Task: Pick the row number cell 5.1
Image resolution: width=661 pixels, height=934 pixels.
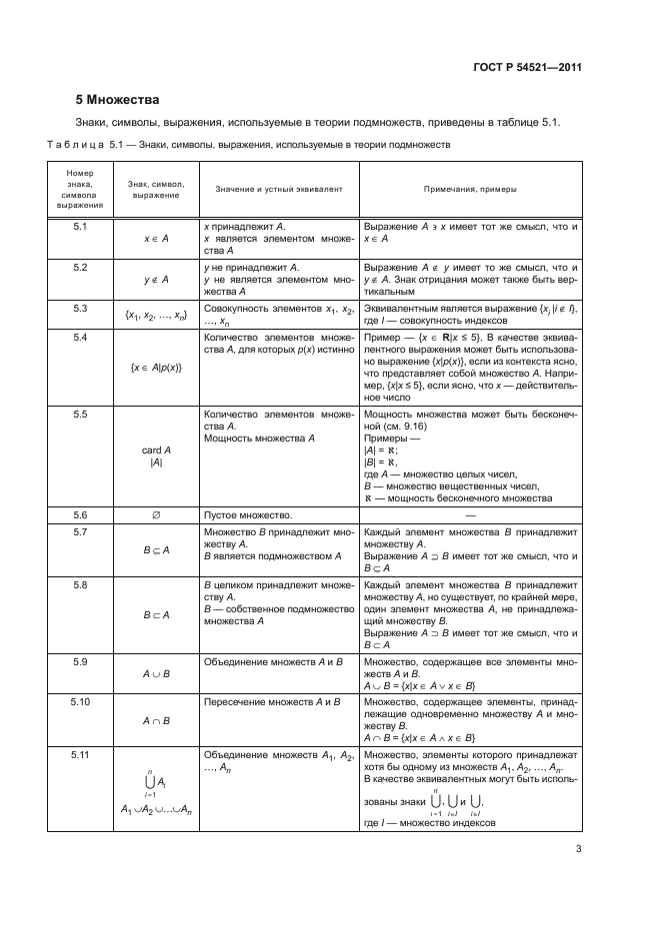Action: tap(81, 228)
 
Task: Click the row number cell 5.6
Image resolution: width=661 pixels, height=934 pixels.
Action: tap(81, 514)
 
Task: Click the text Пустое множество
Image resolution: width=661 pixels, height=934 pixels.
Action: tap(247, 514)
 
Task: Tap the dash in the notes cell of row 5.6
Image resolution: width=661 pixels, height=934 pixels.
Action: tap(470, 514)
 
